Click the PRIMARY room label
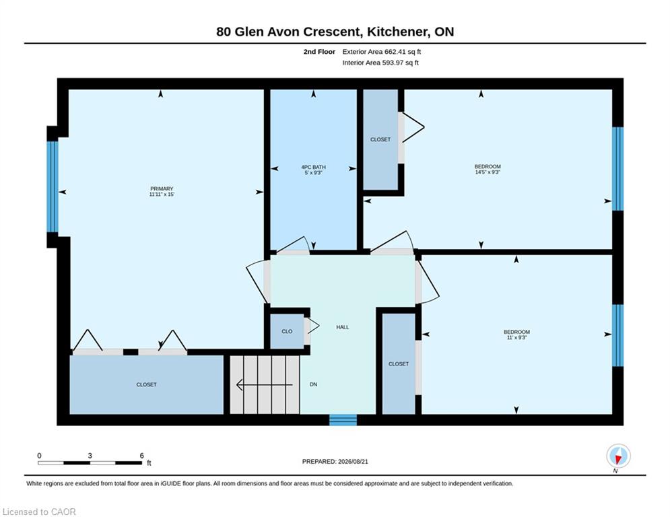pyautogui.click(x=162, y=188)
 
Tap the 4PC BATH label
pyautogui.click(x=313, y=167)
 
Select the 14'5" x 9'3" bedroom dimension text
pyautogui.click(x=488, y=172)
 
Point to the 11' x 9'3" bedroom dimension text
pyautogui.click(x=516, y=337)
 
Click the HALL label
pyautogui.click(x=343, y=327)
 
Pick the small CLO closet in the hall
pyautogui.click(x=287, y=332)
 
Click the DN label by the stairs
pyautogui.click(x=313, y=384)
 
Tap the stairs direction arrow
pyautogui.click(x=265, y=385)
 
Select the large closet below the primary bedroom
pyautogui.click(x=147, y=384)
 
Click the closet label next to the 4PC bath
pyautogui.click(x=380, y=140)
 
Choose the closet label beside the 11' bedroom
pyautogui.click(x=399, y=364)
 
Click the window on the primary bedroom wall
pyautogui.click(x=52, y=186)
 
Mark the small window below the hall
pyautogui.click(x=343, y=419)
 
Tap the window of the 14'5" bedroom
pyautogui.click(x=618, y=169)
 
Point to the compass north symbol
pyautogui.click(x=618, y=456)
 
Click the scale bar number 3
pyautogui.click(x=90, y=456)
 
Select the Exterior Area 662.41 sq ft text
pyautogui.click(x=382, y=52)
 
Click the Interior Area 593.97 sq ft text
pyautogui.click(x=380, y=63)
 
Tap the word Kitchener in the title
pyautogui.click(x=399, y=32)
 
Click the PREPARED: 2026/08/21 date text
pyautogui.click(x=335, y=461)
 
